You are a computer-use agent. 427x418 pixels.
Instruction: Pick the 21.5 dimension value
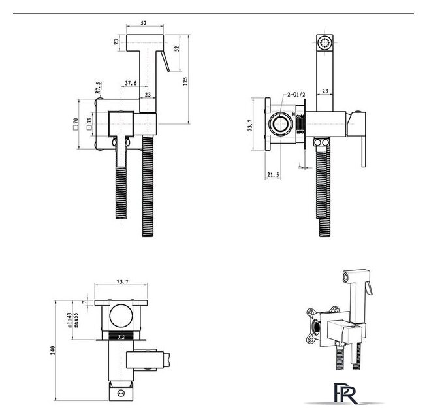[274, 174]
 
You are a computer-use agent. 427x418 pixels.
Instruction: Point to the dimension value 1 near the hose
[299, 164]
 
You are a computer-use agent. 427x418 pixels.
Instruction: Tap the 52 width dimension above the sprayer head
[143, 24]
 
